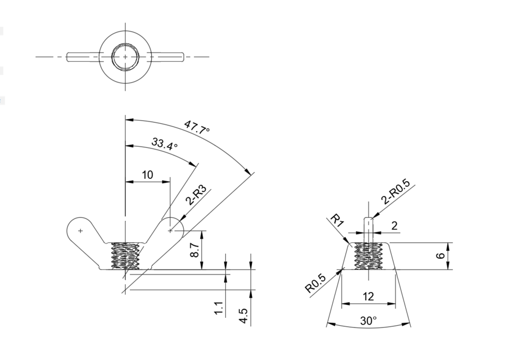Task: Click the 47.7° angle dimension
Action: pyautogui.click(x=196, y=128)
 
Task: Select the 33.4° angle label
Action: pyautogui.click(x=164, y=144)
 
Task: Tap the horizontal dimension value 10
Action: pyautogui.click(x=147, y=175)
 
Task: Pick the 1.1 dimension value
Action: pyautogui.click(x=219, y=308)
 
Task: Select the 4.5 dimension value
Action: pyautogui.click(x=243, y=314)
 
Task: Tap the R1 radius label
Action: pyautogui.click(x=337, y=220)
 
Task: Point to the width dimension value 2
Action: pyautogui.click(x=394, y=226)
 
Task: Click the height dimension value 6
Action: pyautogui.click(x=441, y=256)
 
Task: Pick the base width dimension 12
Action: pyautogui.click(x=369, y=296)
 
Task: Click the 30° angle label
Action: pyautogui.click(x=369, y=321)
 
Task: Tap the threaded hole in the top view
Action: pyautogui.click(x=125, y=57)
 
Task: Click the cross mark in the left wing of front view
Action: pyautogui.click(x=80, y=230)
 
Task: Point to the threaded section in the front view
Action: pyautogui.click(x=125, y=256)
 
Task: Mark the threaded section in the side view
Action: pyautogui.click(x=369, y=256)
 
